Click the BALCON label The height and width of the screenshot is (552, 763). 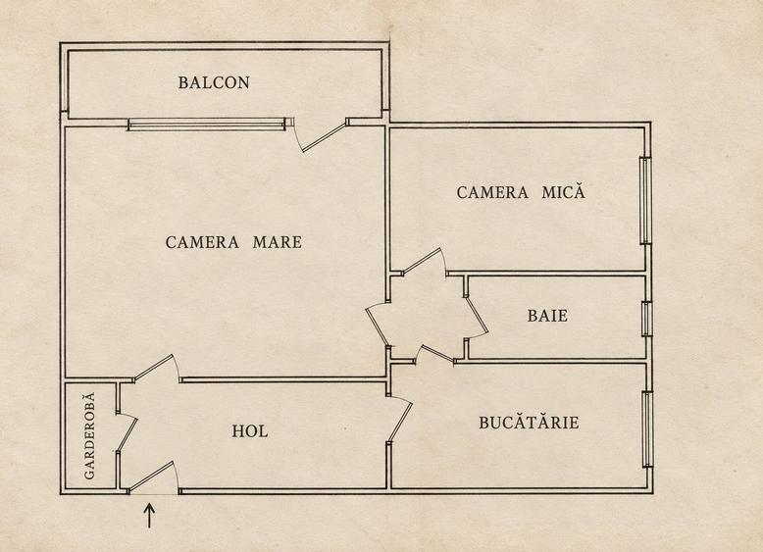point(214,82)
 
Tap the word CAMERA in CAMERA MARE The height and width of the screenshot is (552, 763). point(202,242)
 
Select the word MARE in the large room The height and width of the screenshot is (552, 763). point(278,242)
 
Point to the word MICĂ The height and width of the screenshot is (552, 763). point(564,191)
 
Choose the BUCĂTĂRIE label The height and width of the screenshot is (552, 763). point(529,422)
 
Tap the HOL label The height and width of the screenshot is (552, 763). point(250,431)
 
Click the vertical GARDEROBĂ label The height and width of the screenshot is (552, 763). point(89,435)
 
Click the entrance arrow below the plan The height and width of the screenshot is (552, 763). point(149,516)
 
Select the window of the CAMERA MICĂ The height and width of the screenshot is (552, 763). point(645,200)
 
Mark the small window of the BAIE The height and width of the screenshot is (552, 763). point(646,319)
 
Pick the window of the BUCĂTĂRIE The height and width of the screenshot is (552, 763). point(647,429)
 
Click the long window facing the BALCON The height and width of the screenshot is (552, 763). point(208,125)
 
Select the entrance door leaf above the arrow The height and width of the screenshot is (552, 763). point(152,476)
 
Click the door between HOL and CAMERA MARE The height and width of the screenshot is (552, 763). point(154,367)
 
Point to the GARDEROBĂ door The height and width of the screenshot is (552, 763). point(127,434)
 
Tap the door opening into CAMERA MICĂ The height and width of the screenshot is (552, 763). point(423,261)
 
